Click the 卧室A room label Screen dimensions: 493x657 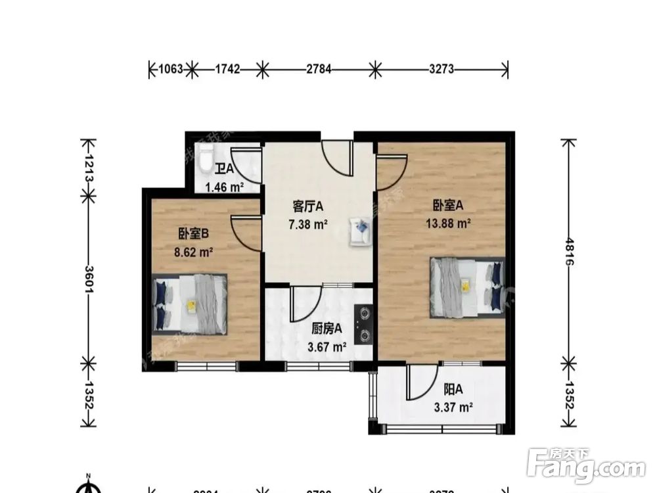pos(448,206)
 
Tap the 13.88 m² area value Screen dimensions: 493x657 pos(448,223)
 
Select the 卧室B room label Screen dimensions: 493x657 pos(193,233)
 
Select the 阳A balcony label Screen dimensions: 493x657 pos(453,389)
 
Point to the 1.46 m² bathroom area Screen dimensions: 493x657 pos(223,187)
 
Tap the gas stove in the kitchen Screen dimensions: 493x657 pos(363,325)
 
